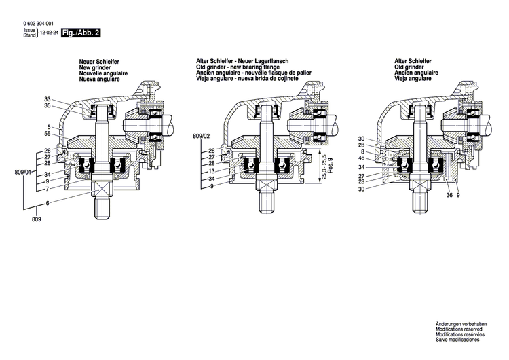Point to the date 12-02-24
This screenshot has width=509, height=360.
point(48,32)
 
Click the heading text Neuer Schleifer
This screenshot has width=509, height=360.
point(100,62)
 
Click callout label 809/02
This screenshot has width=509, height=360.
point(202,136)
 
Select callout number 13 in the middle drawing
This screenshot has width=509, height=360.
point(212,171)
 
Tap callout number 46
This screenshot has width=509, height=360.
point(362,158)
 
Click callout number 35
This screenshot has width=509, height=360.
point(48,107)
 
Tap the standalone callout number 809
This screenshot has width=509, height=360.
point(36,220)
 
